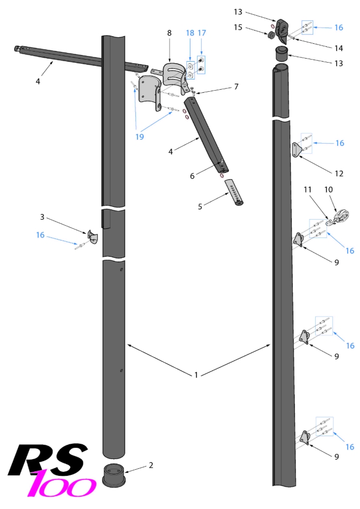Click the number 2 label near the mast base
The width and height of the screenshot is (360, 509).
(x=151, y=465)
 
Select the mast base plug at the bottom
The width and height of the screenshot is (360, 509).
(x=114, y=475)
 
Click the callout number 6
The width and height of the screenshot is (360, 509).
(x=192, y=176)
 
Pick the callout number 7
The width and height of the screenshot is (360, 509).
(x=236, y=87)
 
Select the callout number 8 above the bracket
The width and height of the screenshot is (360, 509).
(x=170, y=33)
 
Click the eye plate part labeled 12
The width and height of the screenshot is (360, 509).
(x=297, y=150)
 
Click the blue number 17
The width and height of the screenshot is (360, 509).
(x=202, y=33)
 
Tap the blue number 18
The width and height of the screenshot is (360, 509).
(x=189, y=33)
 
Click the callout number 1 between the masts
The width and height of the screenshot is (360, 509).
(x=196, y=375)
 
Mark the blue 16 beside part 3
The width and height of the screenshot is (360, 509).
(x=41, y=235)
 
